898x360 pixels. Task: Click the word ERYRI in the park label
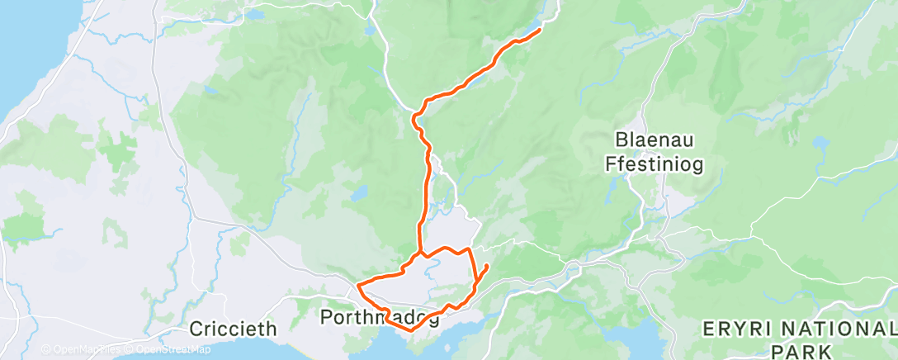pyautogui.click(x=730, y=329)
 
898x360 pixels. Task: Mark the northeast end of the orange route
pyautogui.click(x=540, y=30)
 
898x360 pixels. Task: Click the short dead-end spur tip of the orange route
pyautogui.click(x=487, y=265)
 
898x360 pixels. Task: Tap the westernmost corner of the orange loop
pyautogui.click(x=357, y=287)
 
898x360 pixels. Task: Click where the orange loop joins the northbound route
pyautogui.click(x=419, y=252)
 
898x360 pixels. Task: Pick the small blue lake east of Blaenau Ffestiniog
pyautogui.click(x=822, y=142)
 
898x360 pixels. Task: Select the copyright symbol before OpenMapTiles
pyautogui.click(x=45, y=349)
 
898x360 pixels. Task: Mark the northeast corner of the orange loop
pyautogui.click(x=470, y=249)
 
